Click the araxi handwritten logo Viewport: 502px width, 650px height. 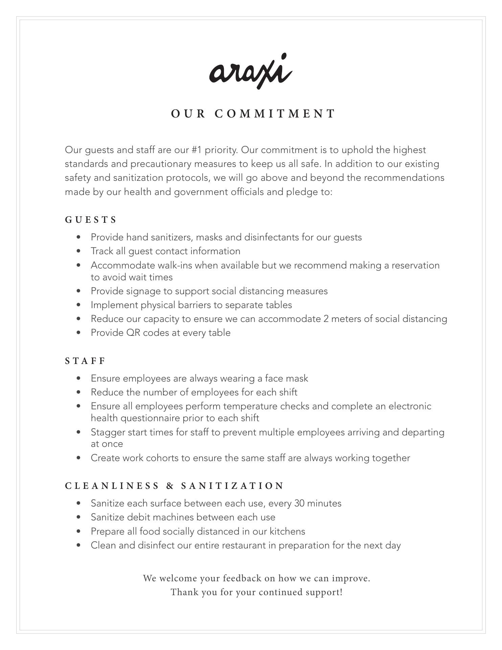251,71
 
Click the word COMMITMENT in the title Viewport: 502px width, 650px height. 275,114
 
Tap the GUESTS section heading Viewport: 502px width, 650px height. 91,220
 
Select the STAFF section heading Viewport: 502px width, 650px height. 85,361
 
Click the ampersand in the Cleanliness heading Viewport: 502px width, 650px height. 170,486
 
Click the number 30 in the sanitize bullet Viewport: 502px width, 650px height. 299,503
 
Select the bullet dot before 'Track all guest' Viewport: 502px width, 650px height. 79,251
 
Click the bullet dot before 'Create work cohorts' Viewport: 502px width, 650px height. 79,458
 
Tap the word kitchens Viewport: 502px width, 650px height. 287,532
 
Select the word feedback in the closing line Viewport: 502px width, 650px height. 242,578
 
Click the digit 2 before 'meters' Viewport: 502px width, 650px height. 326,319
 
